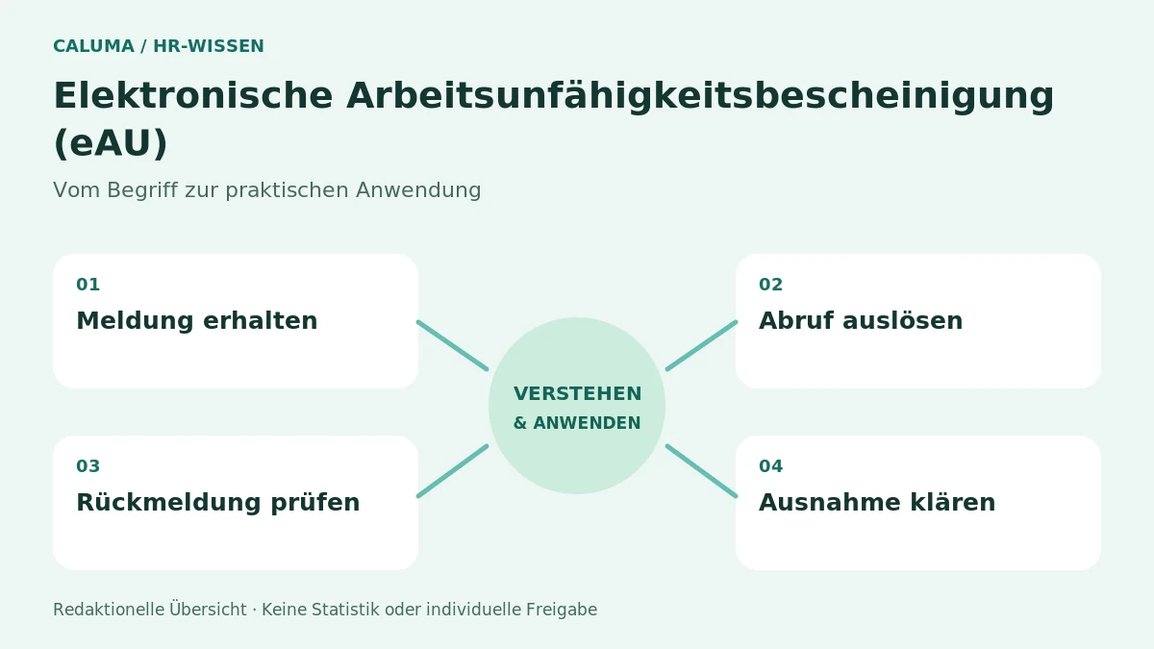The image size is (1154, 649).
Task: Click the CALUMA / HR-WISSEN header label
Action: coord(159,46)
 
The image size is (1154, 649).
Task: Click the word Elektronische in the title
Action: coord(193,95)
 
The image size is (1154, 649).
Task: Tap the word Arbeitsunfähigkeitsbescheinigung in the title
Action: coord(701,98)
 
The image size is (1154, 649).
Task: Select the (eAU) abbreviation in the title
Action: coord(111,143)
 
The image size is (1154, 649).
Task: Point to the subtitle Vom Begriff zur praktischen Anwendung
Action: coord(267,190)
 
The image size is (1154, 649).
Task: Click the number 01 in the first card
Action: coord(88,285)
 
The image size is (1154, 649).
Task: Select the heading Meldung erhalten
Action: coord(197,320)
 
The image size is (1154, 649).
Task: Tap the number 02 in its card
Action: coord(770,285)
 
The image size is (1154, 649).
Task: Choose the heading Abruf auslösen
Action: coord(861,320)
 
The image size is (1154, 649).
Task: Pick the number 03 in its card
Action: coord(88,466)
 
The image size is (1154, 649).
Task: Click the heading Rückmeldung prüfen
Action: coord(218,503)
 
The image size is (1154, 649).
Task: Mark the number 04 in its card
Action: coord(770,466)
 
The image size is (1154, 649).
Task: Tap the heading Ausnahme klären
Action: coord(877,503)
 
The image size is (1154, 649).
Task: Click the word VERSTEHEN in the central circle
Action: coord(578,393)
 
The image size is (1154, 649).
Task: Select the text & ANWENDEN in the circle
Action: coord(578,423)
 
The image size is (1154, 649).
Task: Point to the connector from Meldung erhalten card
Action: coord(452,345)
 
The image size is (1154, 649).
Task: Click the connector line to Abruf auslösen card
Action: coord(702,345)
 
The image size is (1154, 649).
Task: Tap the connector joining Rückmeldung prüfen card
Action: coord(452,471)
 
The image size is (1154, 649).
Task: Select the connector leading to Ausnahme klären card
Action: coord(702,471)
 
